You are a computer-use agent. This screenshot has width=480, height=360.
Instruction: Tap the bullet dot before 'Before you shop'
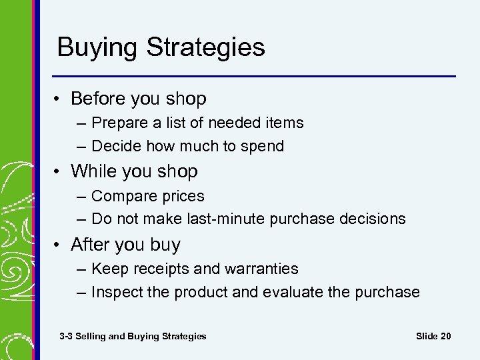tap(59, 99)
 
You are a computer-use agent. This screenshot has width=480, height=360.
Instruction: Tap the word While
tap(93, 171)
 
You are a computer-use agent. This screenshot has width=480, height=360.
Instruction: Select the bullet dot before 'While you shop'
tap(59, 172)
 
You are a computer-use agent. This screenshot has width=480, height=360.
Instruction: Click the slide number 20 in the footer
tap(445, 336)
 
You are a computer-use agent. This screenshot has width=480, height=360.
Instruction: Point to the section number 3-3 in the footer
tap(66, 336)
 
